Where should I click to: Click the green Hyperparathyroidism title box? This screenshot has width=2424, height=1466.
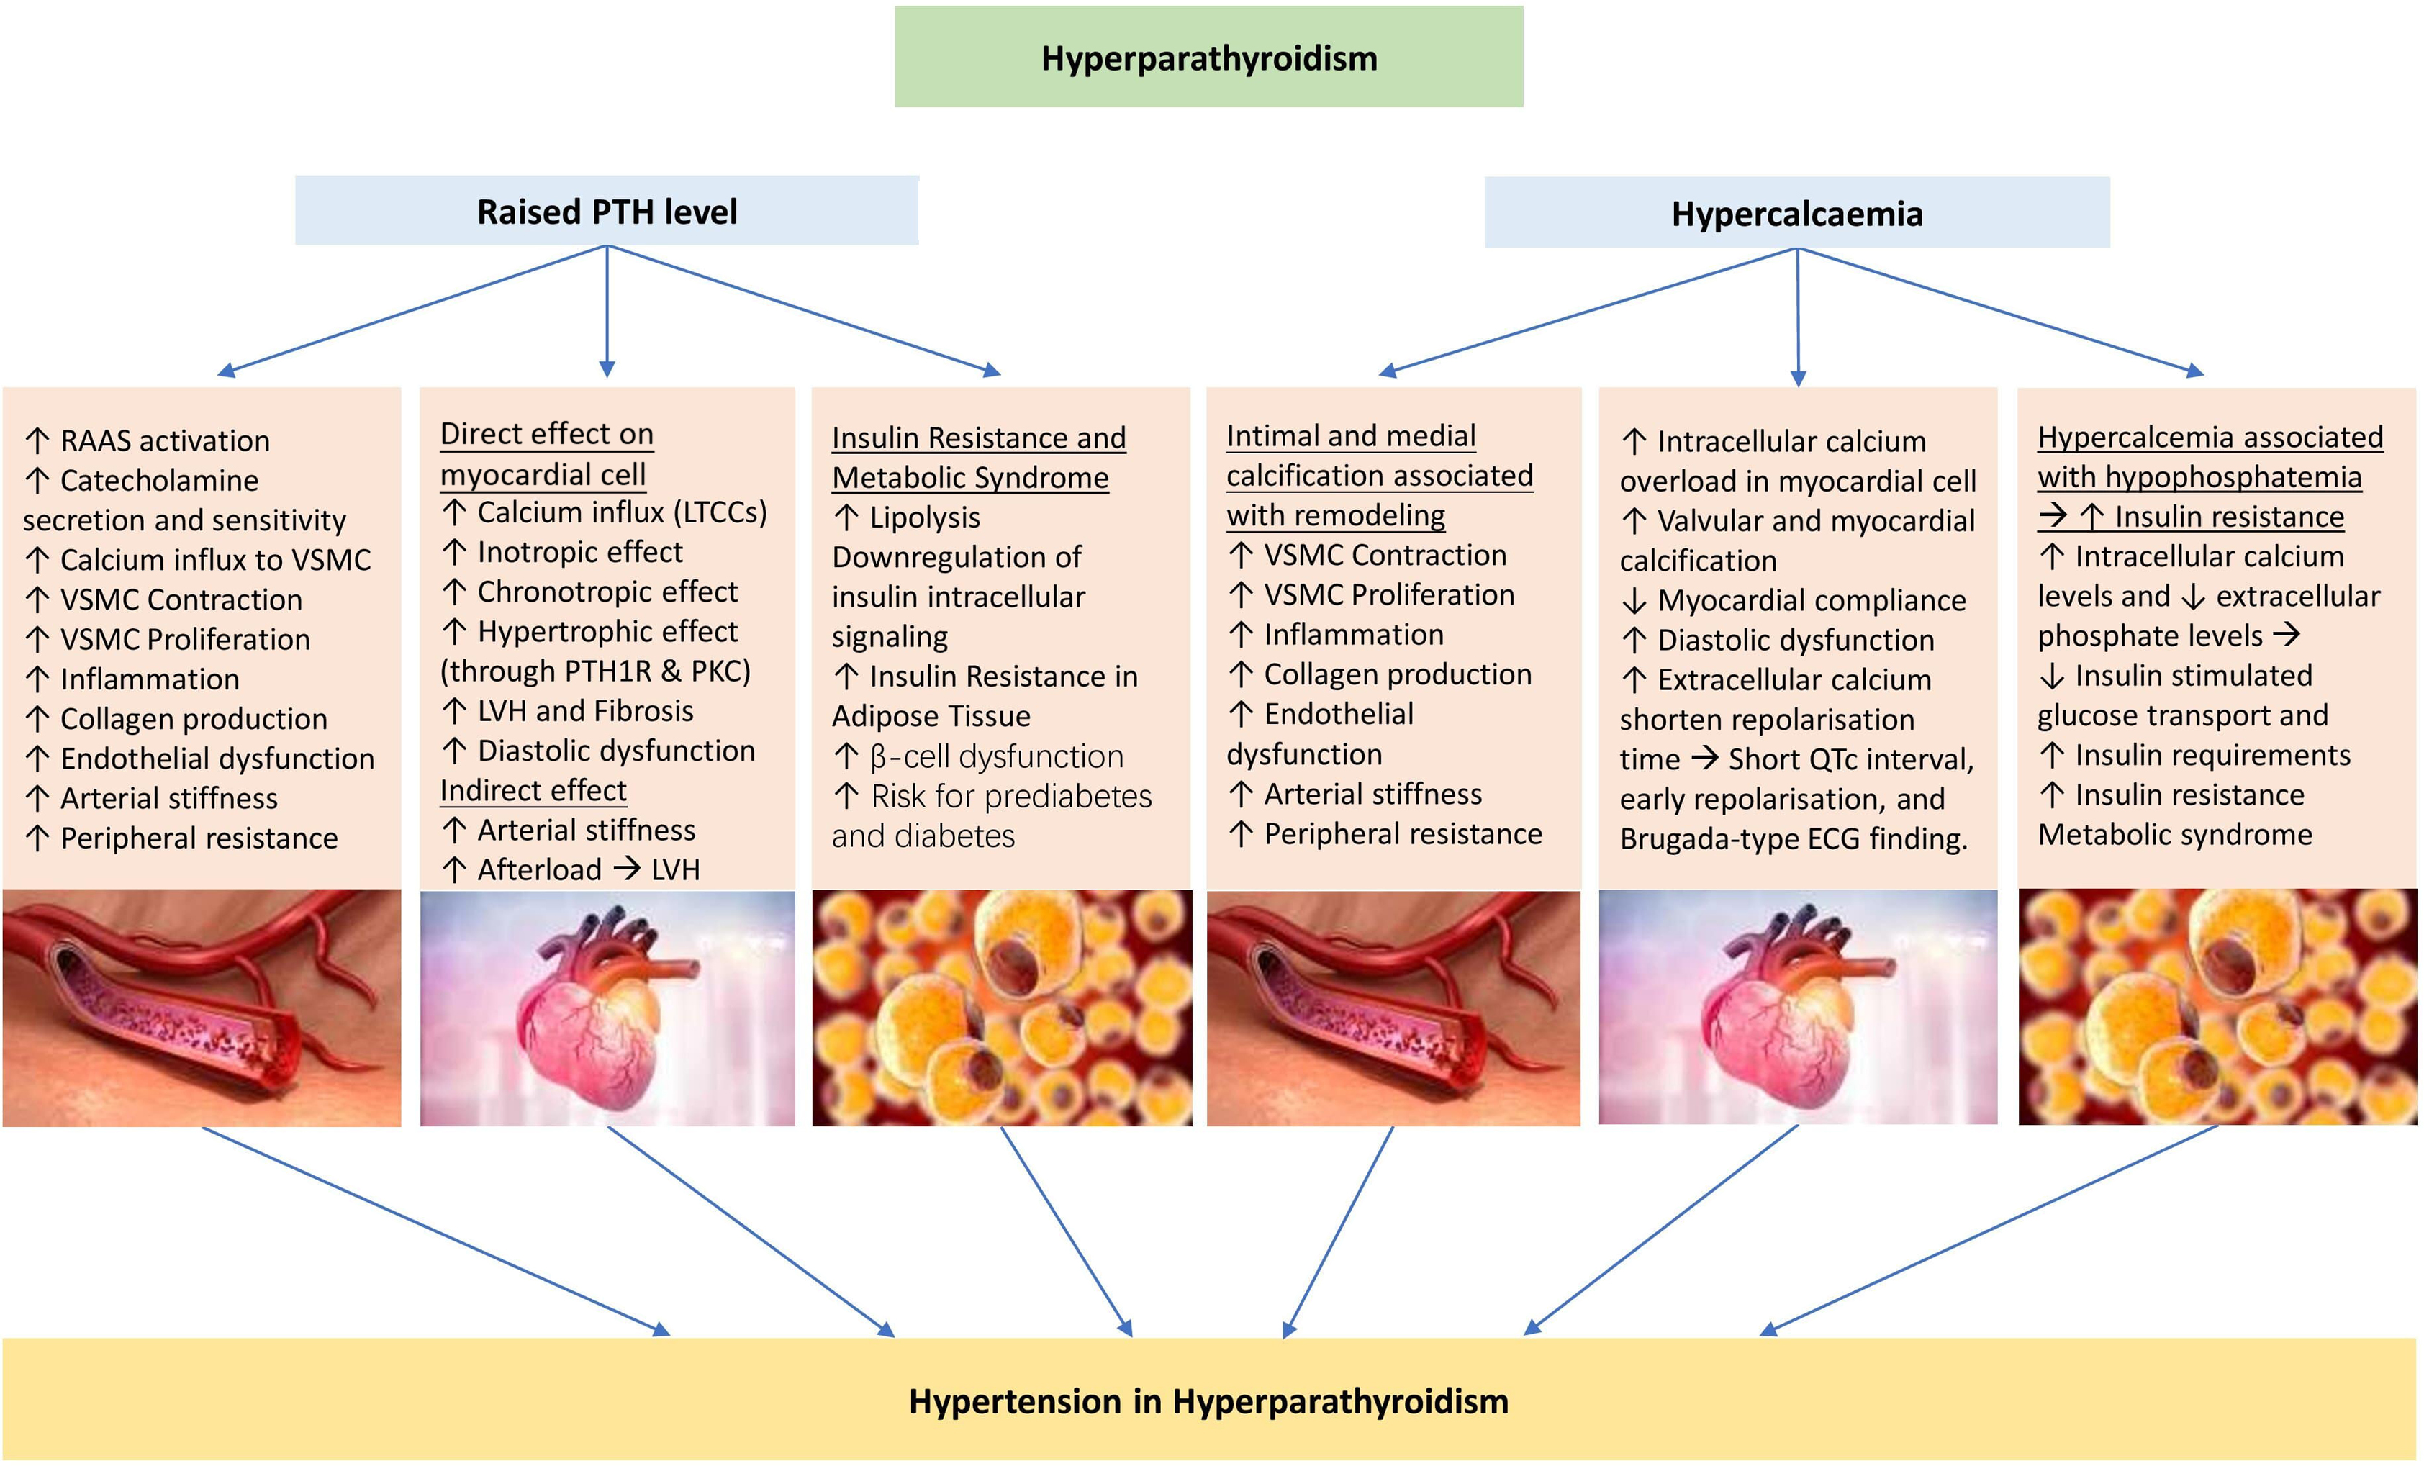pyautogui.click(x=1208, y=57)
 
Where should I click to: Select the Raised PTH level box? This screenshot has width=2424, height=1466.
pyautogui.click(x=606, y=212)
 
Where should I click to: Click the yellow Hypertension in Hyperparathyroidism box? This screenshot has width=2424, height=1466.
pyautogui.click(x=1208, y=1400)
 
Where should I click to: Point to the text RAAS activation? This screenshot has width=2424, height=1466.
pyautogui.click(x=164, y=440)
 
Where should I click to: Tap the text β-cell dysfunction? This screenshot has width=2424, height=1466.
pyautogui.click(x=995, y=756)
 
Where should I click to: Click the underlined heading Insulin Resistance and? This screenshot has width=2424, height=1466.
pyautogui.click(x=978, y=438)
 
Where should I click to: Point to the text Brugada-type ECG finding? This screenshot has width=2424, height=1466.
pyautogui.click(x=1792, y=839)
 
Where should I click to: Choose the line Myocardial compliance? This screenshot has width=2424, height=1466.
pyautogui.click(x=1810, y=600)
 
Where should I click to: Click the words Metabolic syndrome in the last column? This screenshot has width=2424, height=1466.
pyautogui.click(x=2174, y=834)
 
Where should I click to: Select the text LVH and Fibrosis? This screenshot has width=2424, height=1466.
pyautogui.click(x=584, y=710)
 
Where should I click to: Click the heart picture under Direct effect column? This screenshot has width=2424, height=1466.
pyautogui.click(x=607, y=1008)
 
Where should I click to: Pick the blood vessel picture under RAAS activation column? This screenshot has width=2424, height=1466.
pyautogui.click(x=202, y=1008)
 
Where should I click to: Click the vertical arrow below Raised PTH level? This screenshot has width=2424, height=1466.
pyautogui.click(x=607, y=310)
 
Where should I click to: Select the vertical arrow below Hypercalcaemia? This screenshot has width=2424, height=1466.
pyautogui.click(x=1797, y=315)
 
